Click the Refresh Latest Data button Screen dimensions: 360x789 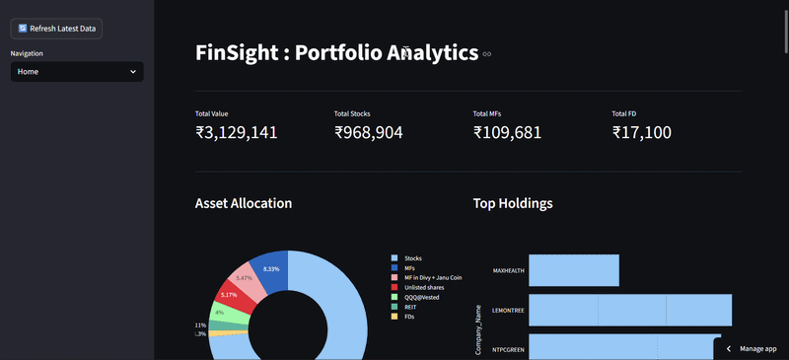pos(57,29)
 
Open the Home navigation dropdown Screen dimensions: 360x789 pos(77,72)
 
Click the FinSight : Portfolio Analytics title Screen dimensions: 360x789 pos(336,53)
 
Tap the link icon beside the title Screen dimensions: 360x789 pos(486,54)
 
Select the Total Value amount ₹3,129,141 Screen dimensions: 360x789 pos(236,132)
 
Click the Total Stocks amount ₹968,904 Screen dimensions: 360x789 pos(368,132)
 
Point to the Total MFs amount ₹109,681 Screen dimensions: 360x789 pos(507,132)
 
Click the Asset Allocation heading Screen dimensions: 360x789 pos(244,203)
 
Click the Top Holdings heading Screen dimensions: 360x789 pos(512,203)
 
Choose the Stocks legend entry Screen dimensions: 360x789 pos(412,258)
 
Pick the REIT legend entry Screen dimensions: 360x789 pos(410,307)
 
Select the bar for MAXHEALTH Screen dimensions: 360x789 pos(574,270)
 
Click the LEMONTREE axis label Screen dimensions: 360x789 pos(509,310)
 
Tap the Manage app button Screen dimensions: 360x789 pos(752,349)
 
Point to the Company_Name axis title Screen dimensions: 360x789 pos(478,328)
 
